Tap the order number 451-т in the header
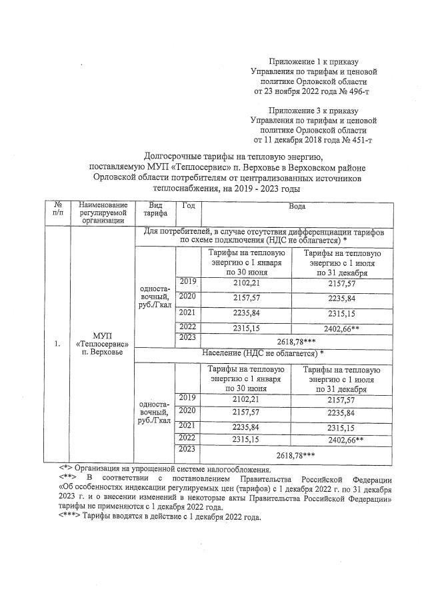pyautogui.click(x=355, y=141)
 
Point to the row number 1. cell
pyautogui.click(x=57, y=344)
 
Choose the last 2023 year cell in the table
pyautogui.click(x=187, y=450)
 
